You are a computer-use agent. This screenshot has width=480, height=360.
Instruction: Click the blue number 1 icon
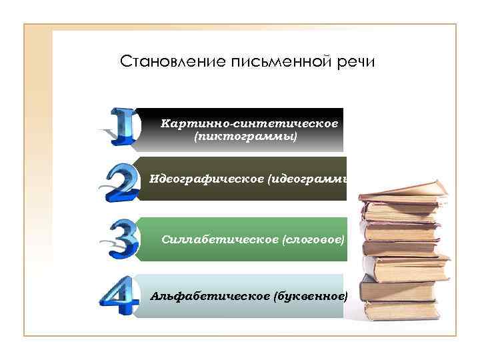tap(123, 127)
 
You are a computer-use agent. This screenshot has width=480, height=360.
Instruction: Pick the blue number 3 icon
tap(123, 239)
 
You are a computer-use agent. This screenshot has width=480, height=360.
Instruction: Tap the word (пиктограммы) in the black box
tap(245, 137)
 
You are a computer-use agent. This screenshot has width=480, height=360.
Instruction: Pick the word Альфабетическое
tap(210, 295)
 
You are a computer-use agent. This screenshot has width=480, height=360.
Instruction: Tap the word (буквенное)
tap(311, 295)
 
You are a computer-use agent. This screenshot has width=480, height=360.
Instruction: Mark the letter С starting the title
tap(125, 63)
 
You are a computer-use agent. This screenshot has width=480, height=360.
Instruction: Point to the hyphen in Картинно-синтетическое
tap(230, 124)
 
